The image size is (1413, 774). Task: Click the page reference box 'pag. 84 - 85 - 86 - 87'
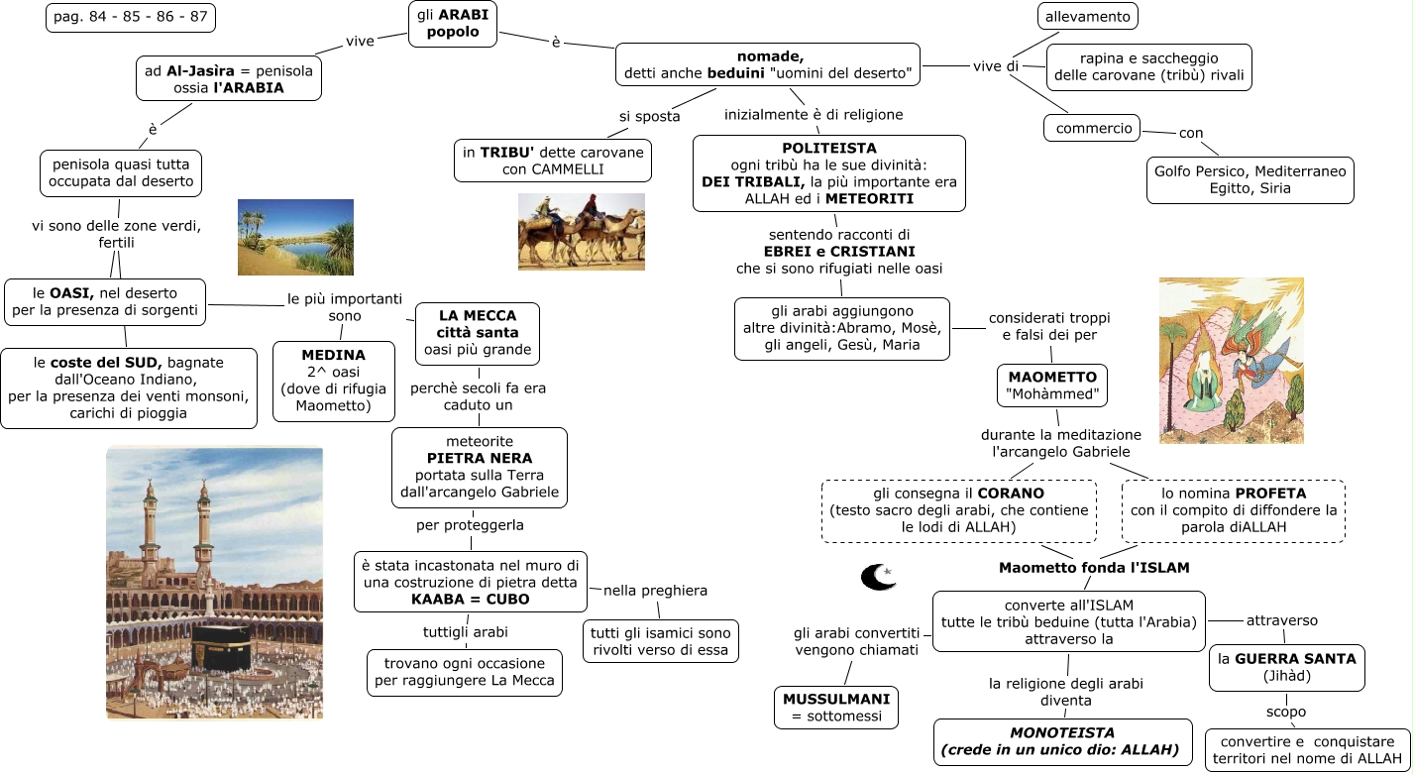point(130,18)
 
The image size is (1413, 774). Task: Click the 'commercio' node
point(1093,128)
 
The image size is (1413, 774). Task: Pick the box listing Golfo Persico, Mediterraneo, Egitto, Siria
point(1250,179)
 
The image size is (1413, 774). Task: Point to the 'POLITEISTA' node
point(828,172)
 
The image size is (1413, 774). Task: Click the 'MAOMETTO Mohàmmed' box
point(1051,386)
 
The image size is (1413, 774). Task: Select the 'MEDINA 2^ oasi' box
point(333,380)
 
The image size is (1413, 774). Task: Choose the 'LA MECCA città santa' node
point(477,333)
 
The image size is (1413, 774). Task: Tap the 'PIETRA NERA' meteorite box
point(479,467)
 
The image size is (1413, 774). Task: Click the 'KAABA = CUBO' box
point(470,582)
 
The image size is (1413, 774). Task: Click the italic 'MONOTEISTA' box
point(1062,741)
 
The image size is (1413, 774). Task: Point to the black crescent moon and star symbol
point(878,577)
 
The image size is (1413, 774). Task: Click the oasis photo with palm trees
point(295,237)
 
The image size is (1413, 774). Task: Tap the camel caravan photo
point(581,232)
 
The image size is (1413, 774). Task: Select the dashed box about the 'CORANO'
point(958,510)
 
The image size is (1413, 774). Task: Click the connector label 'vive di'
point(995,66)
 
